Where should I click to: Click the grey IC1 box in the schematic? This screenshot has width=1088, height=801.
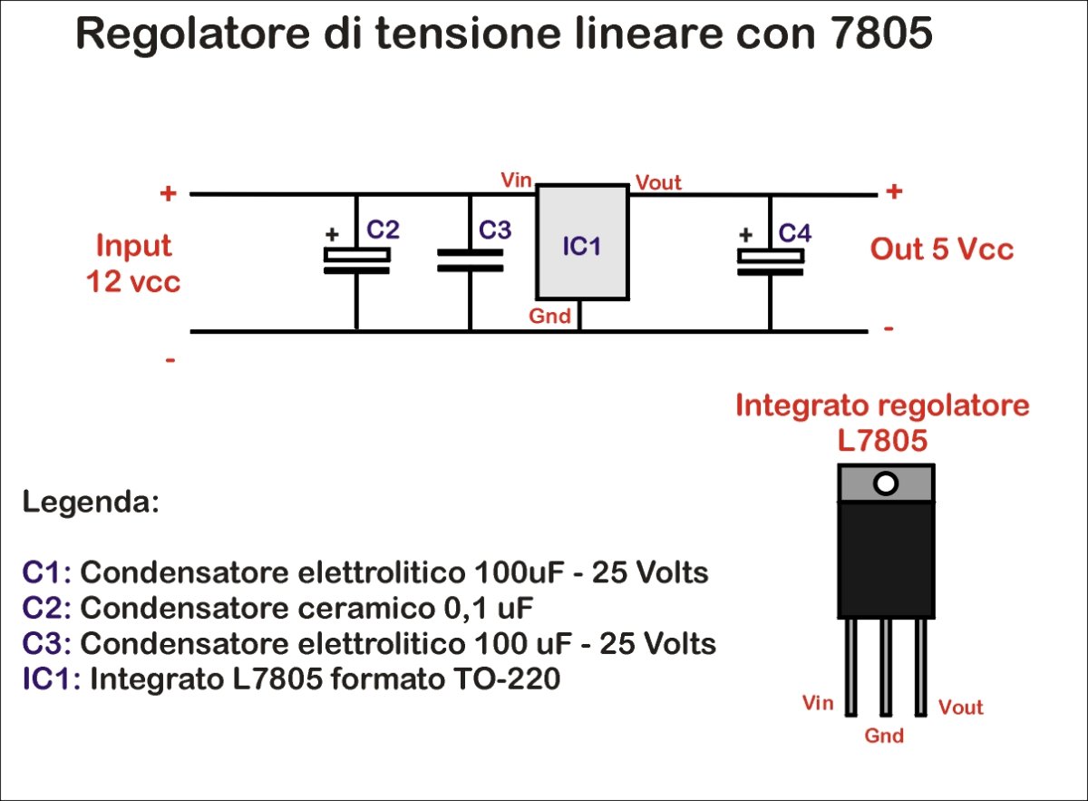click(581, 242)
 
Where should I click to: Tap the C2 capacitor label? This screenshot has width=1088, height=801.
click(383, 230)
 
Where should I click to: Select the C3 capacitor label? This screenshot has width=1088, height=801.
click(495, 230)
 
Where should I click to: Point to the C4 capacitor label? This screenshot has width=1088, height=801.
click(795, 233)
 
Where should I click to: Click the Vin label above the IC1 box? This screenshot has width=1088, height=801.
click(517, 179)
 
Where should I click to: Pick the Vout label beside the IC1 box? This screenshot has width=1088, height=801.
click(658, 182)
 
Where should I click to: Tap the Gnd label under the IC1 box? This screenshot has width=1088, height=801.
click(550, 316)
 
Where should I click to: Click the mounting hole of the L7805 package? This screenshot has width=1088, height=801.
click(886, 484)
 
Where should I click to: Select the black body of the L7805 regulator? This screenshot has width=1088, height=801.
click(886, 560)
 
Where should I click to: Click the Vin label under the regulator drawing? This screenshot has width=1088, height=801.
click(818, 703)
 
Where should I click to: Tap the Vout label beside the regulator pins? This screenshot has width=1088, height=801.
click(960, 708)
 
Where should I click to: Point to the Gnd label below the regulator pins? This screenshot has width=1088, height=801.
click(884, 736)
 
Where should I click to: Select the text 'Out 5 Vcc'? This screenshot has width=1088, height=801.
click(942, 249)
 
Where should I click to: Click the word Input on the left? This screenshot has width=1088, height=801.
click(133, 246)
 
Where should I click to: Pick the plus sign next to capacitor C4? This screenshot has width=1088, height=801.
click(746, 234)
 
